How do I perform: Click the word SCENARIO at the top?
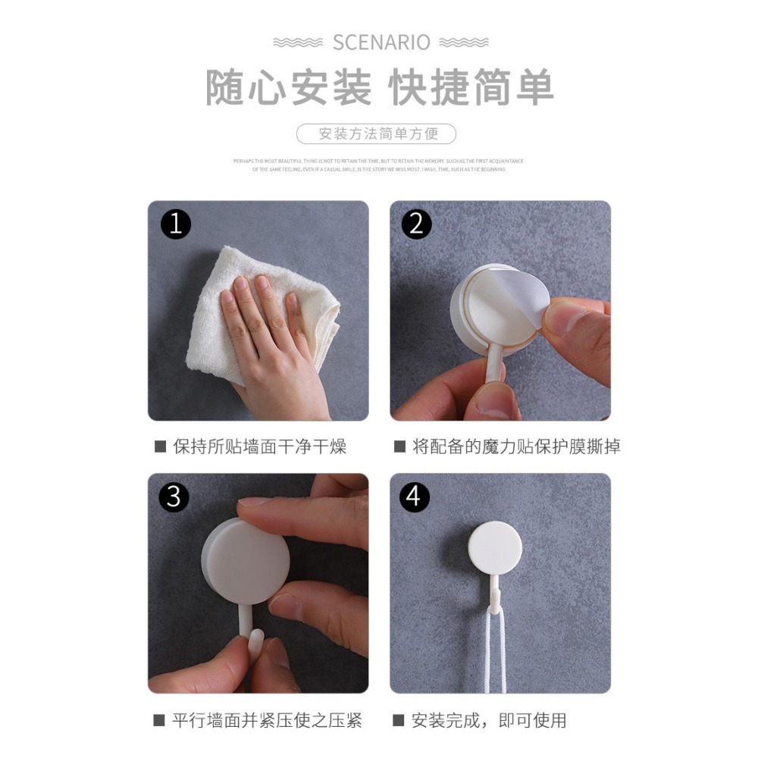tap(381, 42)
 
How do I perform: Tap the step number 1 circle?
tap(176, 224)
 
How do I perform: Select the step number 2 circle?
tap(416, 224)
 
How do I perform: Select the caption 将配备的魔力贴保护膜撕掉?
tap(515, 446)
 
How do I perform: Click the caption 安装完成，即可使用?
tap(488, 720)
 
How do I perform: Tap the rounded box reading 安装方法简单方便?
tap(377, 134)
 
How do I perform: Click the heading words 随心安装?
tap(289, 87)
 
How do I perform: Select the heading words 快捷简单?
tap(471, 87)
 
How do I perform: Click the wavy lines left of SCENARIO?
tap(298, 42)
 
